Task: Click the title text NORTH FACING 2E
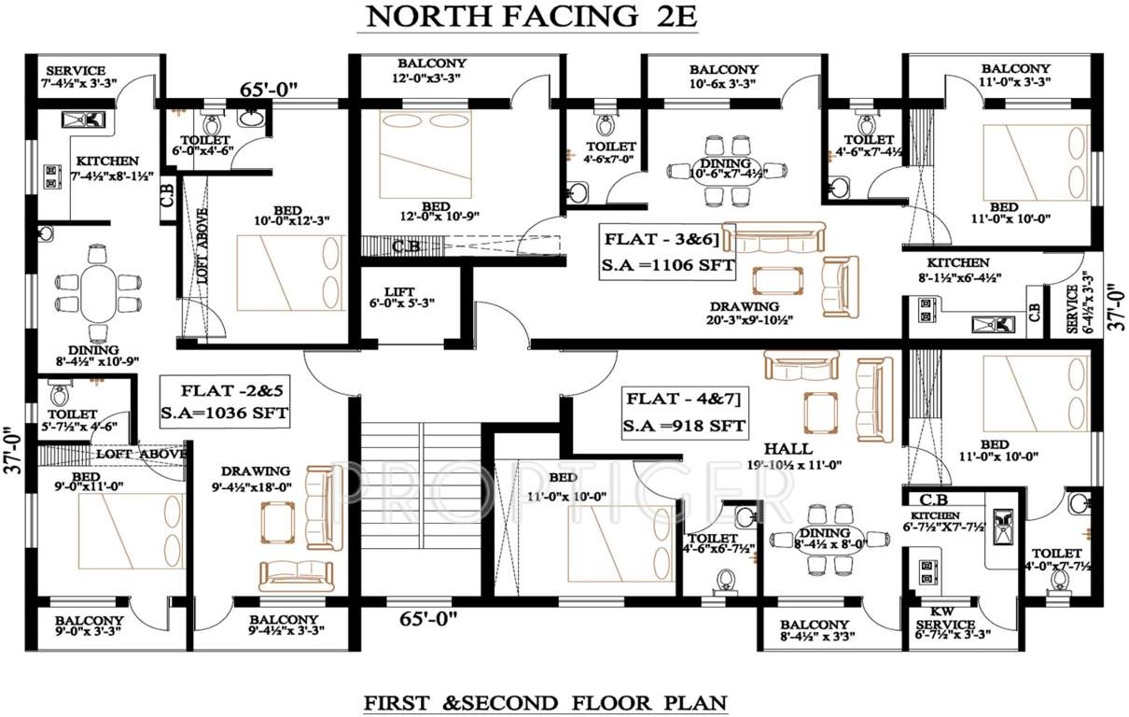pos(531,17)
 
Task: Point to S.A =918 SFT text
pos(685,426)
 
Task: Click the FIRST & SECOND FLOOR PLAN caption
pos(545,700)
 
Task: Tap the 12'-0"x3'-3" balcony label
pos(430,71)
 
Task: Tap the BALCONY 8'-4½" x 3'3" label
pos(815,631)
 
